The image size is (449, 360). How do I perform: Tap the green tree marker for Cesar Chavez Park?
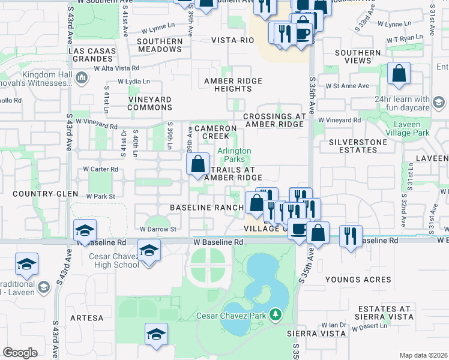pos(276,314)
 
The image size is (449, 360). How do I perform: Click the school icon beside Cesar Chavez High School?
pos(148,250)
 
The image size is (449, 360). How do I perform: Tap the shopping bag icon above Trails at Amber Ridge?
pos(198,164)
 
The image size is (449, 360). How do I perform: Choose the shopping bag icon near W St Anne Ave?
pos(399,74)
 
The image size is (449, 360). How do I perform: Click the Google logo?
pos(20,353)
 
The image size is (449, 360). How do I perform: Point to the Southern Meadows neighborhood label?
pos(160,46)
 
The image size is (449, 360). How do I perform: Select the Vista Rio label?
pos(232,40)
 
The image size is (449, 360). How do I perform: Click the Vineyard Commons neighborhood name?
pos(150,103)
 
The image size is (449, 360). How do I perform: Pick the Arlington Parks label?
pos(234,155)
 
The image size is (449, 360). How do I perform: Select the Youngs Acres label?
pos(358,280)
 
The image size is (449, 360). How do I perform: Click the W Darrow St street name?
pos(157,229)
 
